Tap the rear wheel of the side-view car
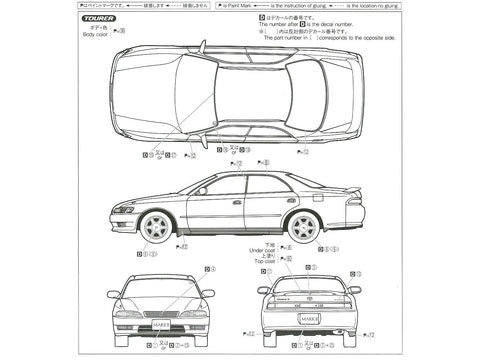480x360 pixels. tap(303, 226)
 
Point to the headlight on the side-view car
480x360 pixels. tap(124, 209)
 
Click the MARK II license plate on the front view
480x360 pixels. tap(161, 324)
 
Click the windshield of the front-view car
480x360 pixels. tap(161, 287)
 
